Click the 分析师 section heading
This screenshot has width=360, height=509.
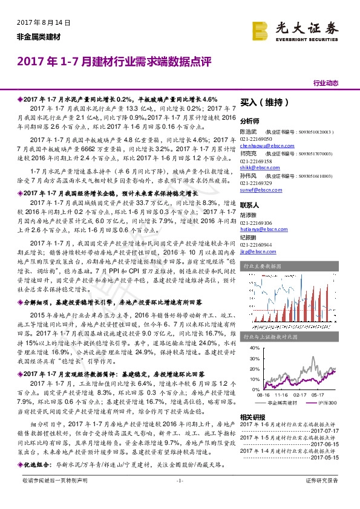249,120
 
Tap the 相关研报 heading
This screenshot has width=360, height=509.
252,417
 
